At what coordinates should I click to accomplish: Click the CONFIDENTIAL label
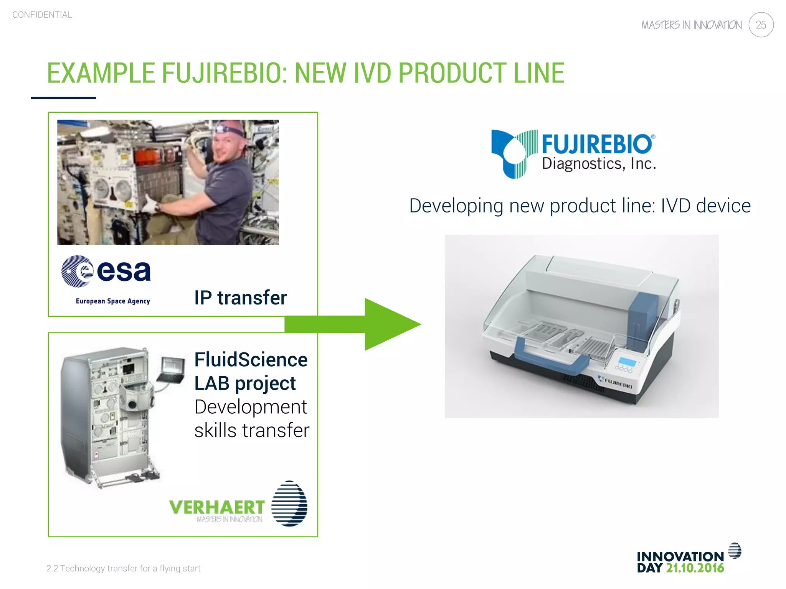coord(42,15)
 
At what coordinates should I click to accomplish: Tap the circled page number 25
coord(761,25)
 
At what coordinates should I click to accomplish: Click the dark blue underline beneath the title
coord(63,98)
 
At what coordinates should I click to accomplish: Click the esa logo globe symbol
coord(78,271)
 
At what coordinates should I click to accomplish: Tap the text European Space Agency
coord(113,301)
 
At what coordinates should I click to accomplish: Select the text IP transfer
coord(240,298)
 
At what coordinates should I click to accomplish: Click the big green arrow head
coord(391,324)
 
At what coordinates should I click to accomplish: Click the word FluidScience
coord(251,360)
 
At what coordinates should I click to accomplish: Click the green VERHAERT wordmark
coord(217,507)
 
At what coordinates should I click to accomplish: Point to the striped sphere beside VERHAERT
coord(289,503)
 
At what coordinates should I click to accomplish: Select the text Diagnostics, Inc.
coord(599,164)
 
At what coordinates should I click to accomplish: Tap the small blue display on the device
coord(627,362)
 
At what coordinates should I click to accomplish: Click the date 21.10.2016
coord(695,568)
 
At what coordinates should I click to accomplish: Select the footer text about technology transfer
coord(124,568)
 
